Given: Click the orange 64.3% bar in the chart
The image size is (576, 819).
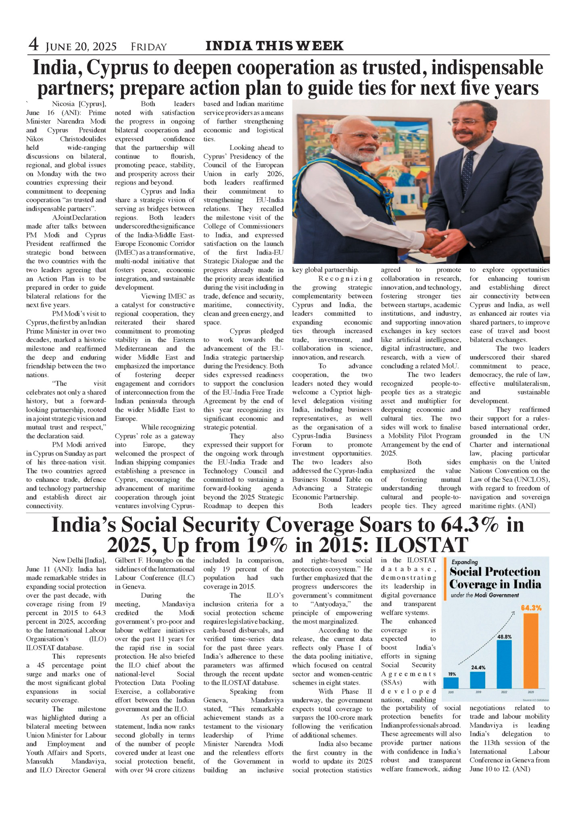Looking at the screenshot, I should [x=530, y=651].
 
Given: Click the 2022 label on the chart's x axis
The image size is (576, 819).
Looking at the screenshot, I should [x=504, y=692].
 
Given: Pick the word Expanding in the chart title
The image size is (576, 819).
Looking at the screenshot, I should [x=465, y=562].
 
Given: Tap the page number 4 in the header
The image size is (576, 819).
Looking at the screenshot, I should [x=33, y=45].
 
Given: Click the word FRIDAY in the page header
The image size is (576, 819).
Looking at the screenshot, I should [x=148, y=47].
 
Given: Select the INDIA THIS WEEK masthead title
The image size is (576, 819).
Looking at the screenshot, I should [x=274, y=46].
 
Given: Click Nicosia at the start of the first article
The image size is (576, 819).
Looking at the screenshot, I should [x=63, y=104].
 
